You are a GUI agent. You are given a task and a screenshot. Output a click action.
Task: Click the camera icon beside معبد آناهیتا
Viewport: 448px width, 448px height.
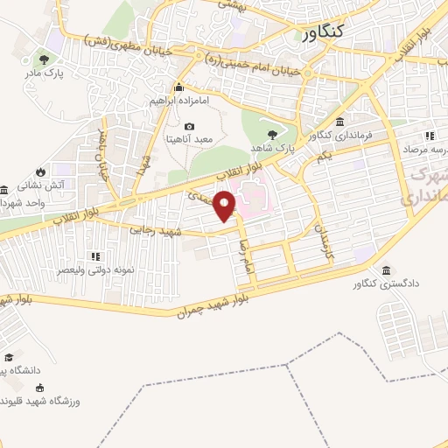point(190,127)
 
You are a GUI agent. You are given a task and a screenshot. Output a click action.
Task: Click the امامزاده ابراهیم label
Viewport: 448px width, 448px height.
point(179,101)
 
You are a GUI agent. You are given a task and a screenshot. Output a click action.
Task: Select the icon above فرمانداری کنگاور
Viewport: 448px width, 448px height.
point(339,122)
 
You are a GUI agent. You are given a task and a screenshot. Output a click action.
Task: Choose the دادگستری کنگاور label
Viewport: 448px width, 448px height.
point(382,284)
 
